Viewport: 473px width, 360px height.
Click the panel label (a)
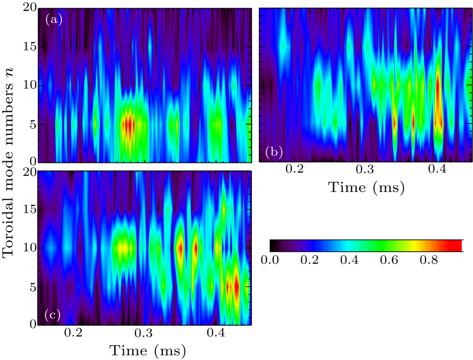click(53, 20)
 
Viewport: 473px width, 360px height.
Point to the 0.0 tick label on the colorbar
click(278, 259)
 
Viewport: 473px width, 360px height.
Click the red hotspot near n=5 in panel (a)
click(130, 124)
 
